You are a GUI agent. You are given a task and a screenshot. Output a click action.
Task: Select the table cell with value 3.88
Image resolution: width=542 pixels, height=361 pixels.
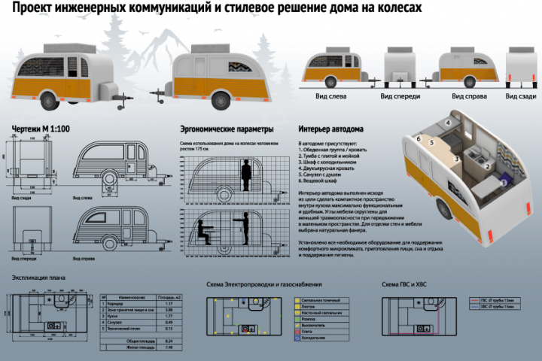pos(169,308)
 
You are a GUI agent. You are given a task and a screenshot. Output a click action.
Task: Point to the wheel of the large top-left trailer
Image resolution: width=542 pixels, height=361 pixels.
pos(50,98)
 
